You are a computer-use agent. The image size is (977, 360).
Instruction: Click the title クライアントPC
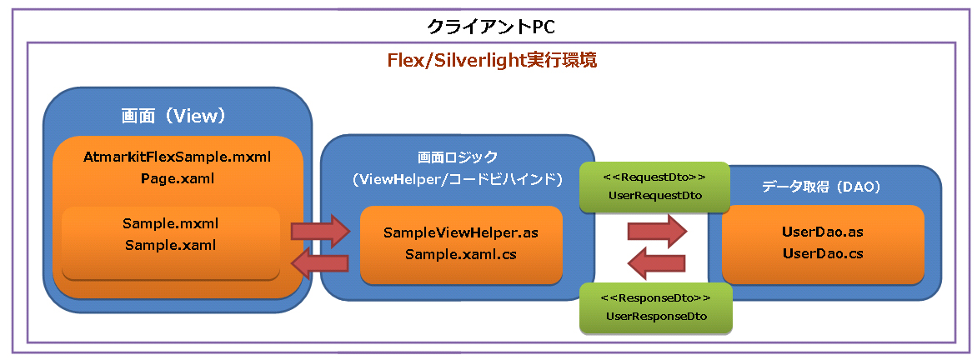pyautogui.click(x=488, y=26)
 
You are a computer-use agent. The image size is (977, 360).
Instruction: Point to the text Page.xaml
pyautogui.click(x=178, y=178)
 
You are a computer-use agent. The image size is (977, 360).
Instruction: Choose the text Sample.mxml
pyautogui.click(x=171, y=223)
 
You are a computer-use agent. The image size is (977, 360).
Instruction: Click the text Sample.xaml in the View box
pyautogui.click(x=171, y=245)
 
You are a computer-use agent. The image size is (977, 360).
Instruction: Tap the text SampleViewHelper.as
pyautogui.click(x=460, y=233)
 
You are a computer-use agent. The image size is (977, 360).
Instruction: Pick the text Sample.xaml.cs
pyautogui.click(x=460, y=254)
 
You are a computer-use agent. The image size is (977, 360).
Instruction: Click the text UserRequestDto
pyautogui.click(x=654, y=196)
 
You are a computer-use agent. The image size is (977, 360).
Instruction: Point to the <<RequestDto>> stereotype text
pyautogui.click(x=654, y=177)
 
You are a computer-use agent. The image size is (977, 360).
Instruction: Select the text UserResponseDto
pyautogui.click(x=655, y=317)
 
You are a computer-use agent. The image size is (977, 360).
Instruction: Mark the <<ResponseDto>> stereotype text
pyautogui.click(x=655, y=297)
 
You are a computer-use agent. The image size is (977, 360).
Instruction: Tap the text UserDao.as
pyautogui.click(x=823, y=232)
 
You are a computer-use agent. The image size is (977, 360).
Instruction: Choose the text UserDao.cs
pyautogui.click(x=823, y=253)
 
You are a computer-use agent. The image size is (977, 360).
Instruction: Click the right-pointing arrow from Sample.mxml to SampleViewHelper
pyautogui.click(x=321, y=232)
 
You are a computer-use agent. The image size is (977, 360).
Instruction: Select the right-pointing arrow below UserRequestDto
pyautogui.click(x=657, y=232)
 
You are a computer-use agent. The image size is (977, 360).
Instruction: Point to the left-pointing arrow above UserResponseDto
pyautogui.click(x=657, y=264)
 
